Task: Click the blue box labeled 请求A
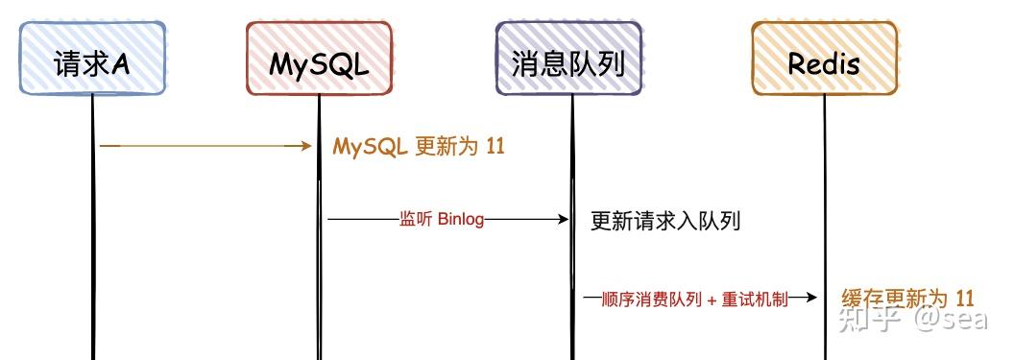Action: pos(93,60)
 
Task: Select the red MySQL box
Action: pos(319,60)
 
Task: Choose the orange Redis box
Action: pos(824,60)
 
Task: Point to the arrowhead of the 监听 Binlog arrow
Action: pos(564,220)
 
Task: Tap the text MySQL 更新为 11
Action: pos(418,147)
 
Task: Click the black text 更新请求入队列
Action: pos(665,222)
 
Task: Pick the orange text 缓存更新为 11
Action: pos(907,298)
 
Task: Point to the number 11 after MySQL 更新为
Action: pos(494,147)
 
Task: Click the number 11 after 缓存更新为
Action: pos(965,298)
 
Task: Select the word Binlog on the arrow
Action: pos(461,220)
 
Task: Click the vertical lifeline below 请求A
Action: pos(93,240)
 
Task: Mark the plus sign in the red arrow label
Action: pos(712,300)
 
